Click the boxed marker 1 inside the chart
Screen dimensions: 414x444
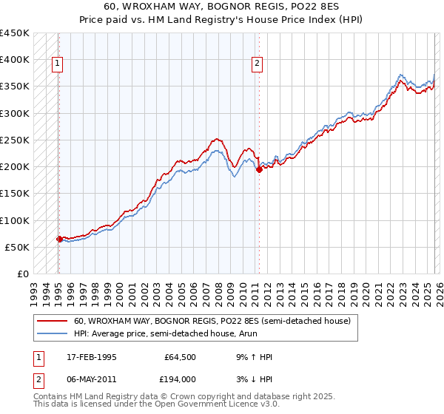[x=58, y=64]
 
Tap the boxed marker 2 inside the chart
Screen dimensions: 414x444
[x=257, y=64]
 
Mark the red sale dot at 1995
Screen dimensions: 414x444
[x=59, y=239]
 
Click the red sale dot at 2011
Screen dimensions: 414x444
[x=258, y=169]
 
